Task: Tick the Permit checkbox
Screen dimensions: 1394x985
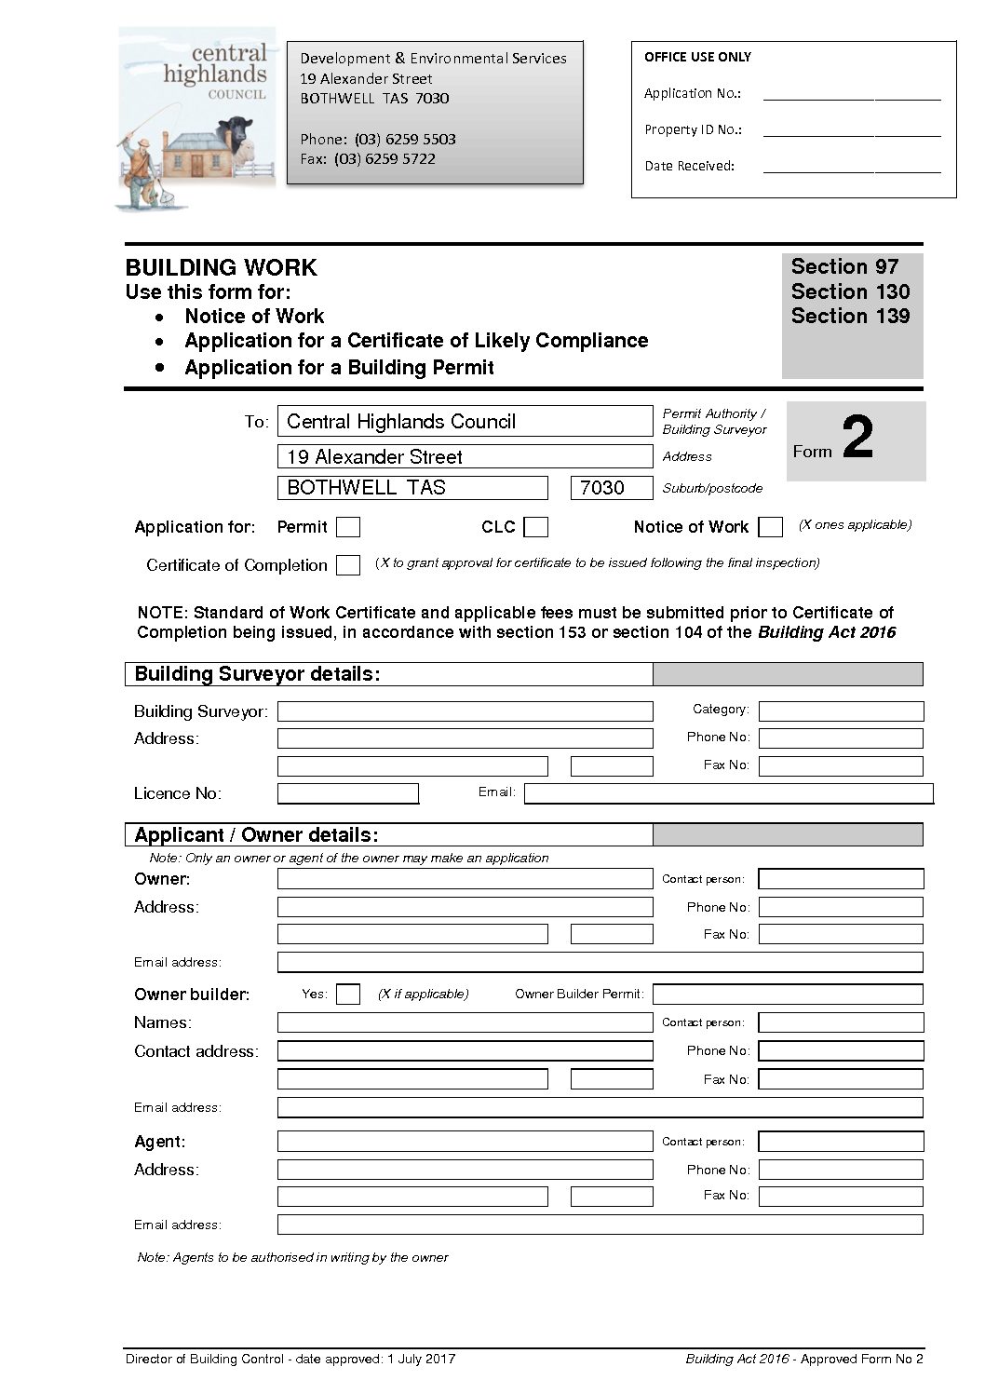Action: (348, 528)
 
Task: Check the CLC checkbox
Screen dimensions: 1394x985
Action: (535, 528)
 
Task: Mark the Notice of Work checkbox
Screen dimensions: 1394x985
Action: (770, 528)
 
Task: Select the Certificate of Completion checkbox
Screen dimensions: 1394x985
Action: (348, 565)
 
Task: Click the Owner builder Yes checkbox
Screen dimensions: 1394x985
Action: (348, 995)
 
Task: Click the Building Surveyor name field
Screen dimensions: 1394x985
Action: (465, 712)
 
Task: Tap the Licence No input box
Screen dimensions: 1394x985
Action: (348, 794)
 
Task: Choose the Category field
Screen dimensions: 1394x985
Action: (841, 712)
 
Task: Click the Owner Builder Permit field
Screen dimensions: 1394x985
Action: (787, 995)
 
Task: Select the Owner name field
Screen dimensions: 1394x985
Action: (465, 879)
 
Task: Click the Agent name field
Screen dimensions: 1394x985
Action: (465, 1142)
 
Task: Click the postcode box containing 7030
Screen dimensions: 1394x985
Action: (611, 488)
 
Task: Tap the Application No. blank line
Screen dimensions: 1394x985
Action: (851, 94)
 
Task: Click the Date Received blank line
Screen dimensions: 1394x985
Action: (851, 167)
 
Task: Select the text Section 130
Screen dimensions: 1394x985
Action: (850, 291)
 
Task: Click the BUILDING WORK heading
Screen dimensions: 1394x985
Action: (222, 268)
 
